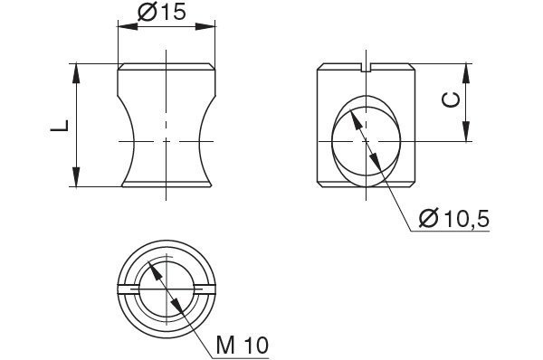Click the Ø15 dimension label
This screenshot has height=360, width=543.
162,12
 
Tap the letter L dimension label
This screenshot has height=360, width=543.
60,126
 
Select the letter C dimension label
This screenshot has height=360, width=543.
452,100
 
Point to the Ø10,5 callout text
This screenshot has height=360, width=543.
454,218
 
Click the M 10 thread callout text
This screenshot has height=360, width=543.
243,346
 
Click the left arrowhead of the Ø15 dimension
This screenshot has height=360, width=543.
128,26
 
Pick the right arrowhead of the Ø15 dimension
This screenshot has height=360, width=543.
205,26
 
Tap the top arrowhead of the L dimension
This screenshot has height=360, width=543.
76,73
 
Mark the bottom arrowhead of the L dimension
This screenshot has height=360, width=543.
76,177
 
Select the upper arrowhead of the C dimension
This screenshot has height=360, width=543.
466,73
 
